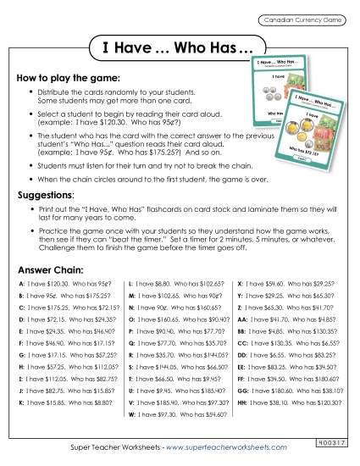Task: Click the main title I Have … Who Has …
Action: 180,47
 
